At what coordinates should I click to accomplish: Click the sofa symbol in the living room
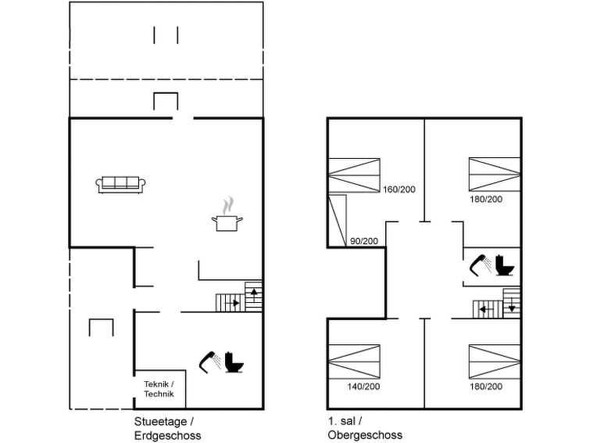tap(120, 185)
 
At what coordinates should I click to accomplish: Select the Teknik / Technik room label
tap(159, 389)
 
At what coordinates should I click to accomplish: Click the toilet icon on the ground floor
tap(234, 362)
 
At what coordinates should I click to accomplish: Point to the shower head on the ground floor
tap(210, 362)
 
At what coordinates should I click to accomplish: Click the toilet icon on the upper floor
tap(505, 265)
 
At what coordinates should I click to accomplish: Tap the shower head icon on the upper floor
tap(481, 265)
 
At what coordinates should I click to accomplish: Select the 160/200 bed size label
tap(399, 189)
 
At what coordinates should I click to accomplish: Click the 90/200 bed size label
tap(364, 241)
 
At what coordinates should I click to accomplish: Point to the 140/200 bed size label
tap(363, 387)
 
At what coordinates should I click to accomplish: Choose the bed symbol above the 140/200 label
tap(354, 362)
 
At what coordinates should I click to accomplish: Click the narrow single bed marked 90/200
tap(338, 221)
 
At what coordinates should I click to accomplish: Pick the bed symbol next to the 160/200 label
tap(354, 175)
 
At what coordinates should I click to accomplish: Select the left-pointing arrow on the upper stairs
tap(487, 310)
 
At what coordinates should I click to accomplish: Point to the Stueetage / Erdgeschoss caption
tap(167, 428)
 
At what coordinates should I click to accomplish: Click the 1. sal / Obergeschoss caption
tap(365, 428)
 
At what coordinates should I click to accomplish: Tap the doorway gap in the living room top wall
tap(183, 118)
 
